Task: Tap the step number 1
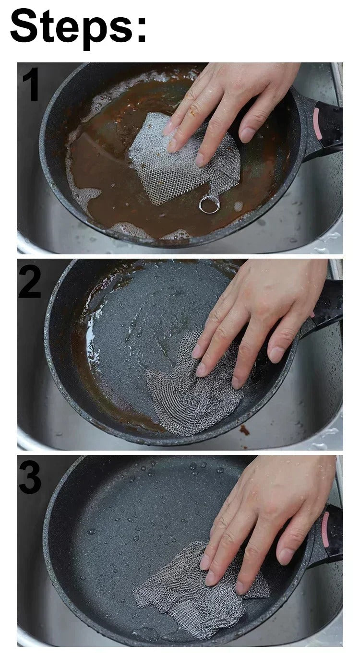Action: point(30,85)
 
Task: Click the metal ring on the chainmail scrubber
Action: point(209,205)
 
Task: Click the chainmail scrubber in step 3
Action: point(192,590)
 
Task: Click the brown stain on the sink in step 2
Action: point(244,429)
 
